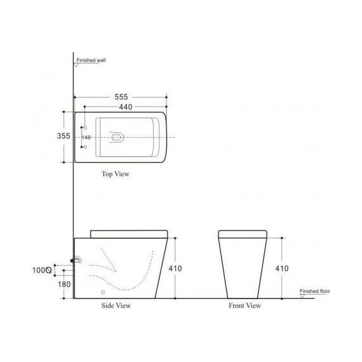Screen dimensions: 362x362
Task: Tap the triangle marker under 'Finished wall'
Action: [77, 64]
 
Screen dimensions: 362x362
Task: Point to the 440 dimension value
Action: [125, 107]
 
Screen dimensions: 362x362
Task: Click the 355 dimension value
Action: [62, 137]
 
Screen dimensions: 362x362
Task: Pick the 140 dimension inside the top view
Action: [86, 138]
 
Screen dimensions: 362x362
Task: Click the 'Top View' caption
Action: [116, 173]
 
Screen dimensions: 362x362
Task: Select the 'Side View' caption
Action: [116, 305]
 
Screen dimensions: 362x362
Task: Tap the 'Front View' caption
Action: [245, 305]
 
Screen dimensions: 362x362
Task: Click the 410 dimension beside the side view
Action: [175, 269]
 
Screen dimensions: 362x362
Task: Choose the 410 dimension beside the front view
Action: [282, 269]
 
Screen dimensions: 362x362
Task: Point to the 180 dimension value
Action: [64, 284]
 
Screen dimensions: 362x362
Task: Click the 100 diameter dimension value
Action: [41, 270]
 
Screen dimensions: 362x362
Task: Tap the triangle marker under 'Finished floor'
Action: [302, 295]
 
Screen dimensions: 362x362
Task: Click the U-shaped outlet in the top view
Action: [116, 137]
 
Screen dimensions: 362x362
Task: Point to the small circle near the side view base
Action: [103, 293]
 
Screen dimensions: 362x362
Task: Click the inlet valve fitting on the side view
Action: [76, 259]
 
